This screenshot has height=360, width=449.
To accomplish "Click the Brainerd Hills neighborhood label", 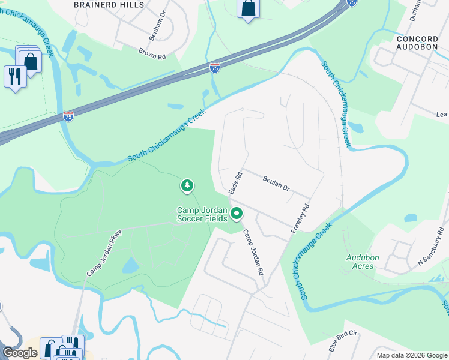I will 109,5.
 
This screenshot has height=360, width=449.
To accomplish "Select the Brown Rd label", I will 151,55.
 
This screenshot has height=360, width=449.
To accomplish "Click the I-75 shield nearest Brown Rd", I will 215,68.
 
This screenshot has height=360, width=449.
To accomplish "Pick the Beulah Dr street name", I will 276,184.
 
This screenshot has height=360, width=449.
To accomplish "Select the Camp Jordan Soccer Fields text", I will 203,215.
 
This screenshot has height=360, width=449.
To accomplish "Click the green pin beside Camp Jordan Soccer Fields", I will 237,213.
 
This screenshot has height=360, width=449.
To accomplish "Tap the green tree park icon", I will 187,186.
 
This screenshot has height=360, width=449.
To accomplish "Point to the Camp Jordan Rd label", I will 253,252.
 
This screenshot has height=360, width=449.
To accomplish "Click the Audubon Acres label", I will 363,262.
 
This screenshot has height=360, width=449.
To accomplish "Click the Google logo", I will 20,353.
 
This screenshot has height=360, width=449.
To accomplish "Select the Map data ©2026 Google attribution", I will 411,355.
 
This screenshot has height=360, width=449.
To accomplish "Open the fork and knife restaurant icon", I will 15,77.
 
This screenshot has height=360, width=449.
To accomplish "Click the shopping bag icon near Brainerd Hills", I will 248,8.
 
